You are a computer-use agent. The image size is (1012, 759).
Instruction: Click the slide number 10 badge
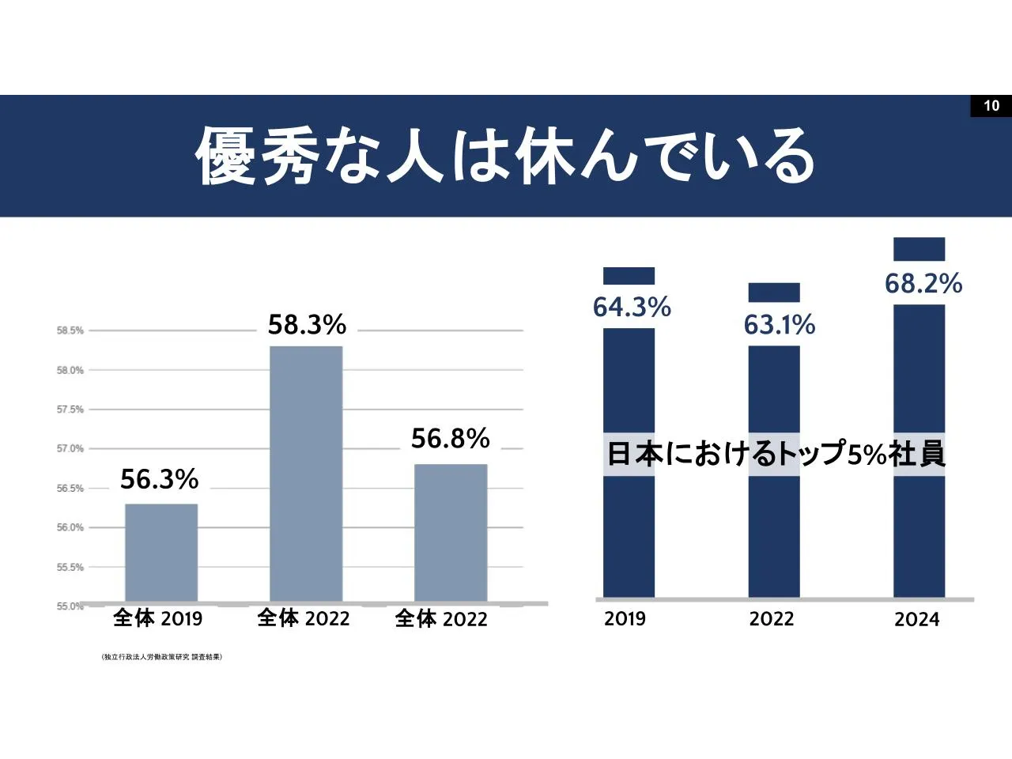click(991, 106)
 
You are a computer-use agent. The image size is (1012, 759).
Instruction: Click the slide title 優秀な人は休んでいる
click(505, 156)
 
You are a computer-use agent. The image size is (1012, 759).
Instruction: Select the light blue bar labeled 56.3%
click(161, 553)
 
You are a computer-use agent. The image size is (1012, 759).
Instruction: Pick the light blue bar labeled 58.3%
click(306, 474)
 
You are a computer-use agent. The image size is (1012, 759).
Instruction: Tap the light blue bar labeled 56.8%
click(451, 533)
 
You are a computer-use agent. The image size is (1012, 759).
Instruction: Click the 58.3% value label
click(307, 325)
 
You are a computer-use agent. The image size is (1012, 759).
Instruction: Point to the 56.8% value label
click(451, 439)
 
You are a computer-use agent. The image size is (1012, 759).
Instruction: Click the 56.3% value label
click(159, 479)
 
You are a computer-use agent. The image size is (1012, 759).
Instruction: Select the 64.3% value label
click(632, 307)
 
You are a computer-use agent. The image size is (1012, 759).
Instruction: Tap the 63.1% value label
click(779, 325)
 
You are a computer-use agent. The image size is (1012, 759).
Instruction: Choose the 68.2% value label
click(923, 283)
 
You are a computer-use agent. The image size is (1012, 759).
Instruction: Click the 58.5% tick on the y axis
click(70, 330)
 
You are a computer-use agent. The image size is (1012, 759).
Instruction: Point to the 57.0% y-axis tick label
click(70, 448)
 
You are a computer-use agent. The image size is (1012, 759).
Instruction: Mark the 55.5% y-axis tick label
click(70, 567)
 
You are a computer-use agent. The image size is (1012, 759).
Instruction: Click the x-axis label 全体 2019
click(157, 618)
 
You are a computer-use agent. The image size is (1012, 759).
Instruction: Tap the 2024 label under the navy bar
click(917, 620)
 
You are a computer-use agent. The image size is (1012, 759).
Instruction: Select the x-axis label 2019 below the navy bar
click(625, 619)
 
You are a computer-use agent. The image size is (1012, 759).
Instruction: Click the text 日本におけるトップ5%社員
click(776, 454)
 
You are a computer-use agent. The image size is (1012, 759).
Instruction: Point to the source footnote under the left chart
click(162, 657)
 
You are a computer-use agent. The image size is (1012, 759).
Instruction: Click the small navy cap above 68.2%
click(919, 249)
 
